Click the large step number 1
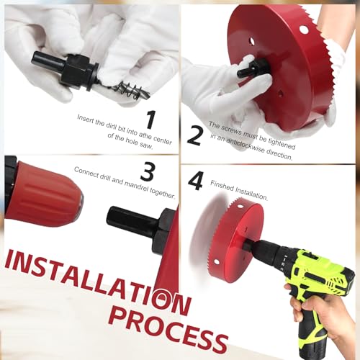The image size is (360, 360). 150,120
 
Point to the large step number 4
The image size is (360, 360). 195,180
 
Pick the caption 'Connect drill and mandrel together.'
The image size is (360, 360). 125,181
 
